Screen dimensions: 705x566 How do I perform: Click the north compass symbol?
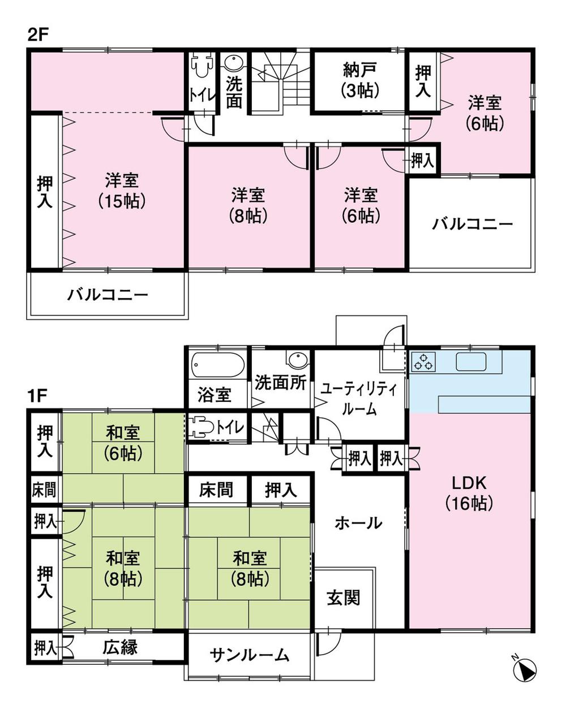click(524, 669)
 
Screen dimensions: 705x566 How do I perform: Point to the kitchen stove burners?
click(423, 361)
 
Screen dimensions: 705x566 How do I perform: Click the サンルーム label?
click(250, 655)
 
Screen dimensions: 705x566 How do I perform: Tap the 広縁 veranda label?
click(120, 647)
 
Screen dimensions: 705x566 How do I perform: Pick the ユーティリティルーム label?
click(359, 399)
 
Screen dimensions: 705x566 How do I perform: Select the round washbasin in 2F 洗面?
click(233, 63)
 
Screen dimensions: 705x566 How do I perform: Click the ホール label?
click(358, 523)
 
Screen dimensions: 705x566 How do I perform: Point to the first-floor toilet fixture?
click(200, 427)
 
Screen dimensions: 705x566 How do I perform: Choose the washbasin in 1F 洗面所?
click(296, 360)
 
